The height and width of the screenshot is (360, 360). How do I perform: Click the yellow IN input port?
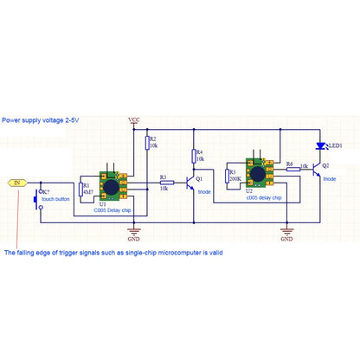(17, 183)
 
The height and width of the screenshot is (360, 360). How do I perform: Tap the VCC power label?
(134, 119)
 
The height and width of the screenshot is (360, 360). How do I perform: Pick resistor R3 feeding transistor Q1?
(166, 183)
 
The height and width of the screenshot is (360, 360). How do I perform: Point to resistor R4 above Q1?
(193, 156)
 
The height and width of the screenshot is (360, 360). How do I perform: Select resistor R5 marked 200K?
(228, 177)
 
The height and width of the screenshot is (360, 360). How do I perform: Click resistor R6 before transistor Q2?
(292, 170)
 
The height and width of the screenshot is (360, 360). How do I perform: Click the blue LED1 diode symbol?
(320, 146)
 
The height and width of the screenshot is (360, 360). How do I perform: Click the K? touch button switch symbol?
(37, 200)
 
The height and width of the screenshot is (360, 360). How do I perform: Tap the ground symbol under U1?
(134, 231)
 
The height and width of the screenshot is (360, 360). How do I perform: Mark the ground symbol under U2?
(286, 231)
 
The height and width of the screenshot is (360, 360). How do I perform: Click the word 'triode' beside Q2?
(331, 177)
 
